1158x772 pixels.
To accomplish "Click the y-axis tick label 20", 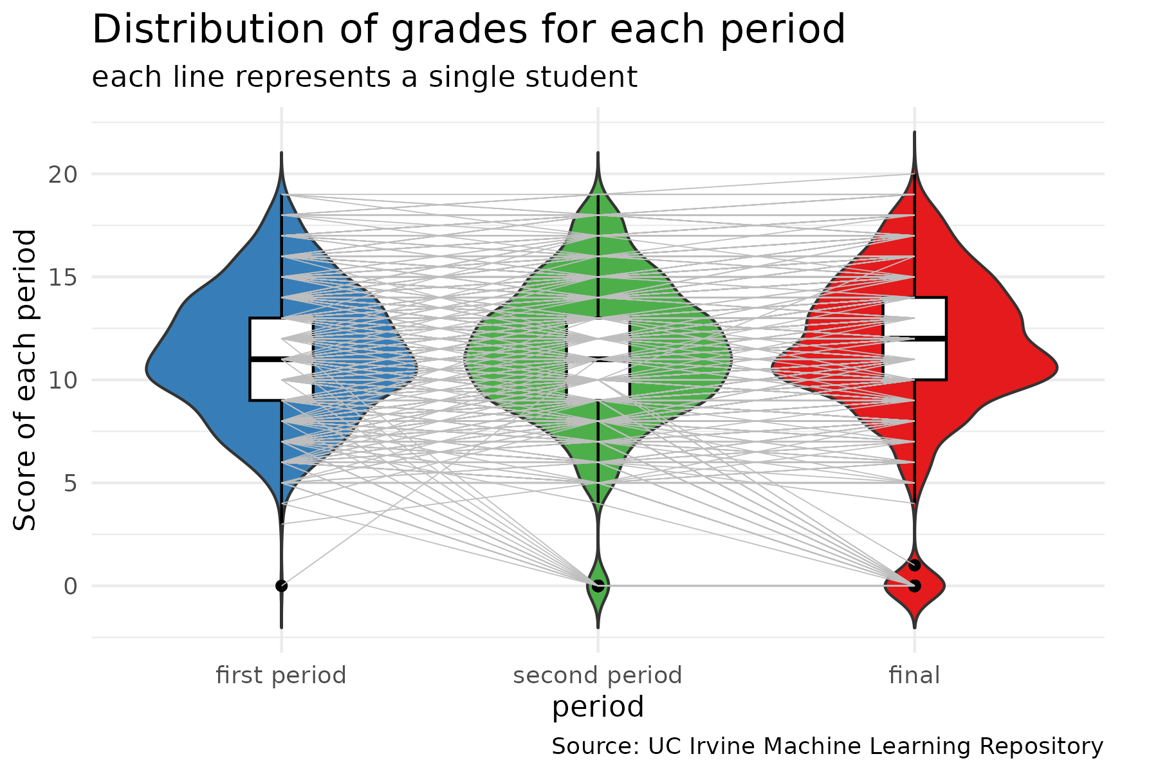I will coord(62,174).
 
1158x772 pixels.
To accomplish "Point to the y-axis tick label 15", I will coord(62,277).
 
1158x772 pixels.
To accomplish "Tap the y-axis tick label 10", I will coord(62,380).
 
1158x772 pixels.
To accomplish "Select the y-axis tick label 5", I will coord(70,483).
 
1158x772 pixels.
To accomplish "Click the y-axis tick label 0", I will coord(70,586).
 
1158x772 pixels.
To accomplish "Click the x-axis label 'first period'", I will coord(281,675).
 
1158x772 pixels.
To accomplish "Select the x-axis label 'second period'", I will coord(598,675).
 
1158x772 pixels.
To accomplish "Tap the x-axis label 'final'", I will coord(914,675).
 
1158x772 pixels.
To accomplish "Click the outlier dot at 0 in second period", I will coord(598,585).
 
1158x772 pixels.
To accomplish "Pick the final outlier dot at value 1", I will coord(914,565).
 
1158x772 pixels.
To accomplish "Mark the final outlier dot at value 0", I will coord(914,585).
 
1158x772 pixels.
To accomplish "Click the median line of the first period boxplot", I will coord(281,359).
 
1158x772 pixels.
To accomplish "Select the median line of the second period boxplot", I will coord(598,359).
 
